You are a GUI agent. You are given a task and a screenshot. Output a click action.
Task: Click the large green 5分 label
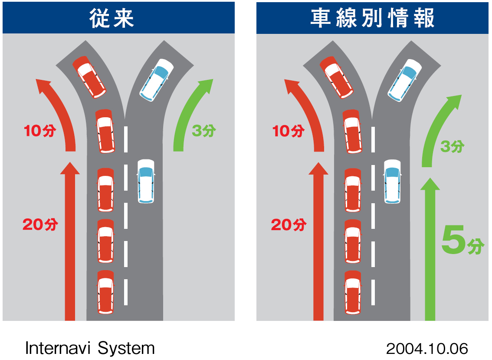[x=462, y=241]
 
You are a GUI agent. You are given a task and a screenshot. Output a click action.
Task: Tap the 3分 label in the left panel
[x=203, y=130]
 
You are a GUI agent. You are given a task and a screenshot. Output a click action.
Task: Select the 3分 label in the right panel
[x=452, y=146]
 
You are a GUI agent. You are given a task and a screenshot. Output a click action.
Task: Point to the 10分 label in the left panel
[x=40, y=131]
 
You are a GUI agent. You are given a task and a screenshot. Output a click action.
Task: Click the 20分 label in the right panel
[x=289, y=225]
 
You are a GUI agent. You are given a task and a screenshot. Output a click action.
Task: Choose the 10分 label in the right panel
[x=288, y=131]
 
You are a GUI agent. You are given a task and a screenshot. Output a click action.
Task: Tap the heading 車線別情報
[x=372, y=18]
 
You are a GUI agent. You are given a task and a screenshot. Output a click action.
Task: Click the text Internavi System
[x=90, y=348]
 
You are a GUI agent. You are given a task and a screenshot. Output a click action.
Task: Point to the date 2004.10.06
[x=427, y=348]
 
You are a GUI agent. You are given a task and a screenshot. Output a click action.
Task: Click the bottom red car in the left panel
[x=105, y=291]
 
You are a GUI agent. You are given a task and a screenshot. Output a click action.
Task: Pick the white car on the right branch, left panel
[x=156, y=80]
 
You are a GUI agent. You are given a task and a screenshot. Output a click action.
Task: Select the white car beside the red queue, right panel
[x=392, y=181]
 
